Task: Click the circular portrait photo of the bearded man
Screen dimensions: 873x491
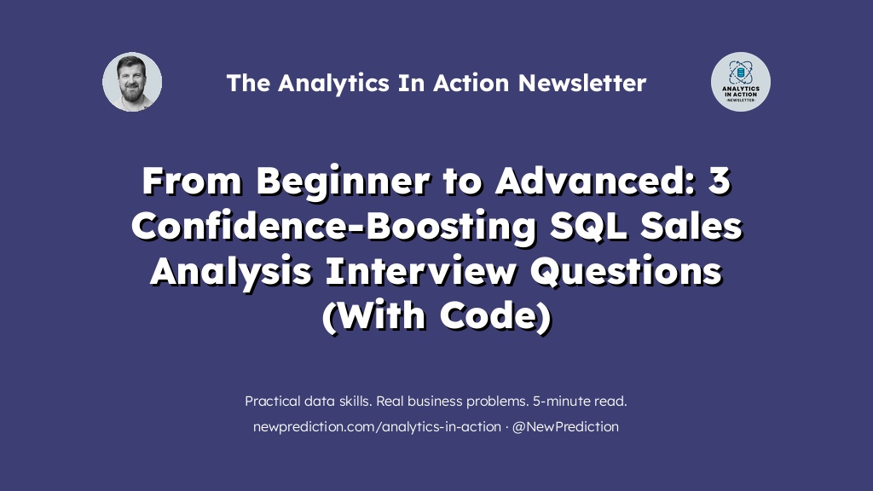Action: [x=132, y=82]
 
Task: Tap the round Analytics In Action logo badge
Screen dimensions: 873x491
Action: [x=741, y=82]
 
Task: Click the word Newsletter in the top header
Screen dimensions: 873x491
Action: [x=581, y=83]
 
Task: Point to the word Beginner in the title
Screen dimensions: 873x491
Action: [x=343, y=182]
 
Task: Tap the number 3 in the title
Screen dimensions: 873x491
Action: [x=719, y=182]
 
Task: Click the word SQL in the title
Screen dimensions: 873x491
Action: [x=589, y=227]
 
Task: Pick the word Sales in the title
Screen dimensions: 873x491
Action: [x=691, y=226]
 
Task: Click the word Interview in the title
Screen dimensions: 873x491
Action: [x=421, y=271]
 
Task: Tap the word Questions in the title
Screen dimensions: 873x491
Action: [x=626, y=272]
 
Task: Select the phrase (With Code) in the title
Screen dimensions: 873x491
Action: [x=437, y=316]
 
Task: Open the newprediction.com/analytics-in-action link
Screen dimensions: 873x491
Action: [x=377, y=427]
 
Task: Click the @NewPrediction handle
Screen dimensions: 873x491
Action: [x=565, y=427]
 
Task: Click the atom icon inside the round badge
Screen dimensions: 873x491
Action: [x=741, y=72]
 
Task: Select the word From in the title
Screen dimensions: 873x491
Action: [x=193, y=181]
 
